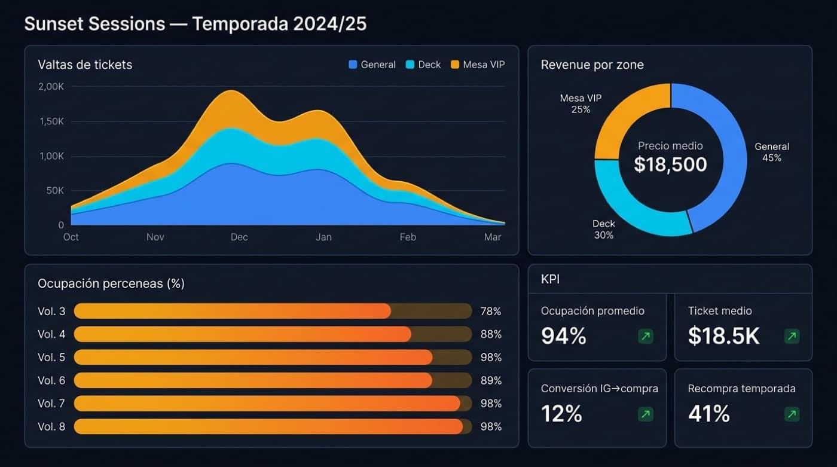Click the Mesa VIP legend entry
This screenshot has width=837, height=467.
tap(477, 65)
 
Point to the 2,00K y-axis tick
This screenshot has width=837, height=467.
tap(51, 86)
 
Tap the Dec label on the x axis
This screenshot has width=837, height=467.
tap(239, 237)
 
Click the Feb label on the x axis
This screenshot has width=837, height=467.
tap(408, 237)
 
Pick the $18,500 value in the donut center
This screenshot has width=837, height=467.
tap(670, 164)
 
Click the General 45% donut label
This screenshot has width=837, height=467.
tap(771, 152)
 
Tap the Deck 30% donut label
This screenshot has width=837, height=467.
tap(604, 230)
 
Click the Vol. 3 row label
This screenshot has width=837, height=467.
tap(51, 312)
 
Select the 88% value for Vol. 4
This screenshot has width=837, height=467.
tap(491, 334)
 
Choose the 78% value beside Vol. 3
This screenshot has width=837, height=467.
tap(491, 312)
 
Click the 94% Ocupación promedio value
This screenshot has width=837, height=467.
tap(563, 337)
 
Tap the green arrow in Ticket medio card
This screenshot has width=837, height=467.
tap(792, 337)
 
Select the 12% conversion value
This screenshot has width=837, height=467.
tap(561, 414)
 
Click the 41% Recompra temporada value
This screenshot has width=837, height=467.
tap(708, 414)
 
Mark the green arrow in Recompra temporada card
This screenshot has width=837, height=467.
tap(792, 414)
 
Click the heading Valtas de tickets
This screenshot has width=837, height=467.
tap(85, 65)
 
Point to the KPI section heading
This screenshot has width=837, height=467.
tap(550, 279)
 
